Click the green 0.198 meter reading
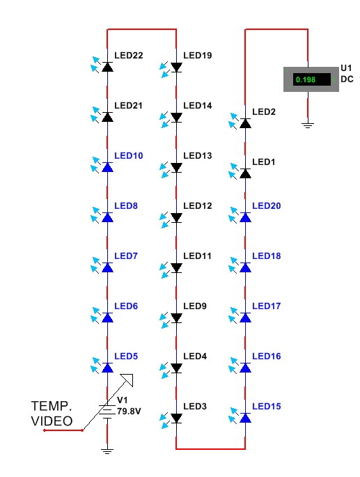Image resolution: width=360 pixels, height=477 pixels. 305,79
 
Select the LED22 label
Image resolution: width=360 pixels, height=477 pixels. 128,56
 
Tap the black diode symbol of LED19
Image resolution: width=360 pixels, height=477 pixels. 176,68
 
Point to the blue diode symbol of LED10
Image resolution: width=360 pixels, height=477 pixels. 107,167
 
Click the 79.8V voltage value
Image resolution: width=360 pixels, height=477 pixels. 129,412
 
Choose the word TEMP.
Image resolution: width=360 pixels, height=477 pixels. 52,406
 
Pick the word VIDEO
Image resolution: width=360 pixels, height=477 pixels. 52,421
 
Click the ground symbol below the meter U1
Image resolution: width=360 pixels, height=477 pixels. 308,125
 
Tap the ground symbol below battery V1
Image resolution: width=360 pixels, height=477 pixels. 107,451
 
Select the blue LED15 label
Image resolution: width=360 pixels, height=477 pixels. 266,407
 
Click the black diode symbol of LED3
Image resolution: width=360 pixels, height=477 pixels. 176,418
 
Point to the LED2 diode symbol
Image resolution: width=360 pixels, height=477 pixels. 245,123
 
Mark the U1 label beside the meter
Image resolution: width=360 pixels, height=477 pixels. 346,68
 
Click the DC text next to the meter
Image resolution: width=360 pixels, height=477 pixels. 347,79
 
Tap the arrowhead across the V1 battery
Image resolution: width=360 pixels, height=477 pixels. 127,380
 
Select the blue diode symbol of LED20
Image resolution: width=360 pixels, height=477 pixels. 245,217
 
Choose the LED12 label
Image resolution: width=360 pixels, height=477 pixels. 198,206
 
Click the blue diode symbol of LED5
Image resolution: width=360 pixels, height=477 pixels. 107,368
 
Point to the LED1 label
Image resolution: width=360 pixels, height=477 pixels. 263,162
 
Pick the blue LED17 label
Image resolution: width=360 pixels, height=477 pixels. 266,306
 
